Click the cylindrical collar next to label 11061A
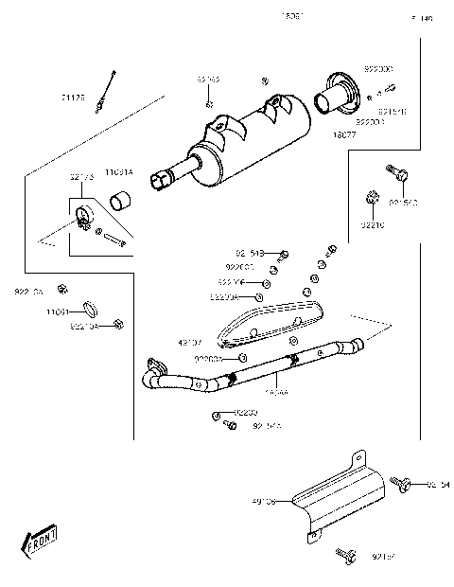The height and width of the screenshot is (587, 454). [x=122, y=201]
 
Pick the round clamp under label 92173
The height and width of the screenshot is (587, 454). [x=83, y=216]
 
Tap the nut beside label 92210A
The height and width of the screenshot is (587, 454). [x=117, y=325]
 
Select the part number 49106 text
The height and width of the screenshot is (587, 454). [x=264, y=502]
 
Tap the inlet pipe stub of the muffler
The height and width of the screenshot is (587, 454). [x=171, y=177]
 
